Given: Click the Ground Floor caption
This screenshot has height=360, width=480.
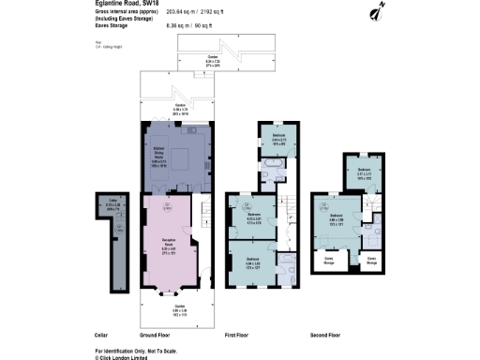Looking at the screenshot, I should point(155,335).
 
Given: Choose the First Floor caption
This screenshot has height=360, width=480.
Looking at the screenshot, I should point(241,335).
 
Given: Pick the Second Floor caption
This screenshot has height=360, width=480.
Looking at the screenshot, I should point(325,335).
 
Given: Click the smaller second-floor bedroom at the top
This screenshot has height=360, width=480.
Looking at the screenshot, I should point(368,173).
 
